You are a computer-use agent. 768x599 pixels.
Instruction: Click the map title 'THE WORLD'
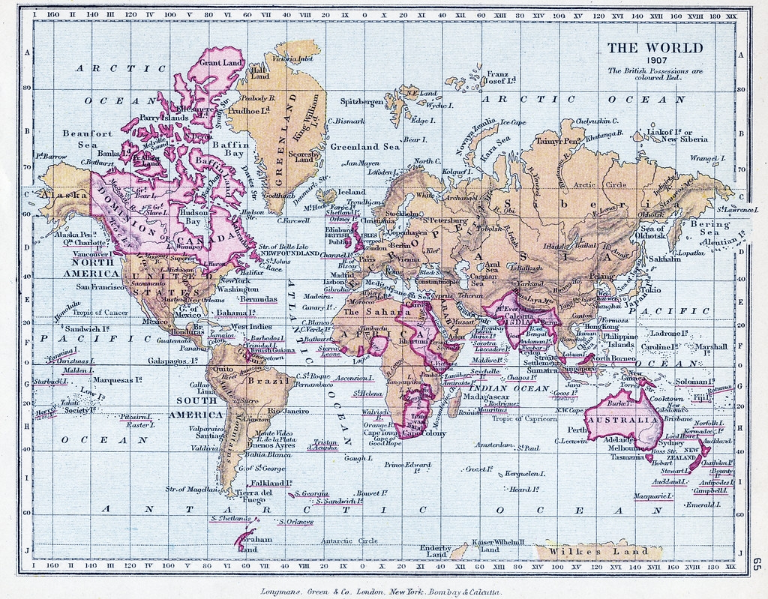click(655, 48)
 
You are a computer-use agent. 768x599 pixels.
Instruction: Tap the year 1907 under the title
click(654, 61)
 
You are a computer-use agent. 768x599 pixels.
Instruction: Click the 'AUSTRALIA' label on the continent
click(622, 421)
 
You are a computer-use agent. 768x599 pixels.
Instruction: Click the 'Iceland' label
click(352, 192)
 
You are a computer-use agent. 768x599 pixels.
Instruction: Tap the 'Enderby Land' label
click(435, 551)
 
